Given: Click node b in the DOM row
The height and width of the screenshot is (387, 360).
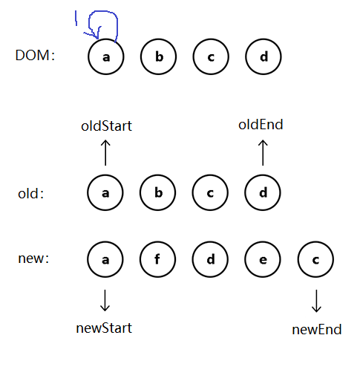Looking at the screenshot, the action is (x=158, y=56).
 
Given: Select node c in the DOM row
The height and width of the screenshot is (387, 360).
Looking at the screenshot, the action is (x=211, y=56).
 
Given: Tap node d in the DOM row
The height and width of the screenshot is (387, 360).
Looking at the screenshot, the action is (x=264, y=56).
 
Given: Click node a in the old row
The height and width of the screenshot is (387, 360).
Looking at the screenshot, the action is (x=105, y=192).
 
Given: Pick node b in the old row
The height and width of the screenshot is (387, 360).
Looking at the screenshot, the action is (x=158, y=192).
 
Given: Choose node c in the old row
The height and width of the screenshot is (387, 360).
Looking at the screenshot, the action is (x=210, y=192).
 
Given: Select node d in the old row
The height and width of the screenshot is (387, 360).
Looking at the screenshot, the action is (x=263, y=192).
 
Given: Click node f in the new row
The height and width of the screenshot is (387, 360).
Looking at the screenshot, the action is (x=158, y=259).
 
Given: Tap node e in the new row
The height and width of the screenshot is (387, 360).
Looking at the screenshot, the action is (x=263, y=259).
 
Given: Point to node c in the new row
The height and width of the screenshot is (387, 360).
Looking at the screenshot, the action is (x=315, y=259).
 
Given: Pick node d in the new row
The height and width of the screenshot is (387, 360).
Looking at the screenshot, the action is (x=210, y=259).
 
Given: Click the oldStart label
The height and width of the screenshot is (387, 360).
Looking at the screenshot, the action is (x=107, y=126).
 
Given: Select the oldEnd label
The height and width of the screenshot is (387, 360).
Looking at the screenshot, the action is (x=261, y=124).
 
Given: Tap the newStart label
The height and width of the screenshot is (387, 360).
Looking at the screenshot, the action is (x=104, y=328).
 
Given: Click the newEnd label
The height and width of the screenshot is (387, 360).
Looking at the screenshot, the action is (x=317, y=330).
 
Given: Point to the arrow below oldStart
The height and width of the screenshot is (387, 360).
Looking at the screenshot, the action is (x=105, y=152).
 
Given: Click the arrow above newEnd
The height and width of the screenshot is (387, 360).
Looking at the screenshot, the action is (x=316, y=301).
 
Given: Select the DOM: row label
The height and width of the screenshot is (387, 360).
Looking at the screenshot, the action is (x=35, y=55).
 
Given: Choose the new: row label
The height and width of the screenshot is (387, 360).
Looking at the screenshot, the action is (x=33, y=258).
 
